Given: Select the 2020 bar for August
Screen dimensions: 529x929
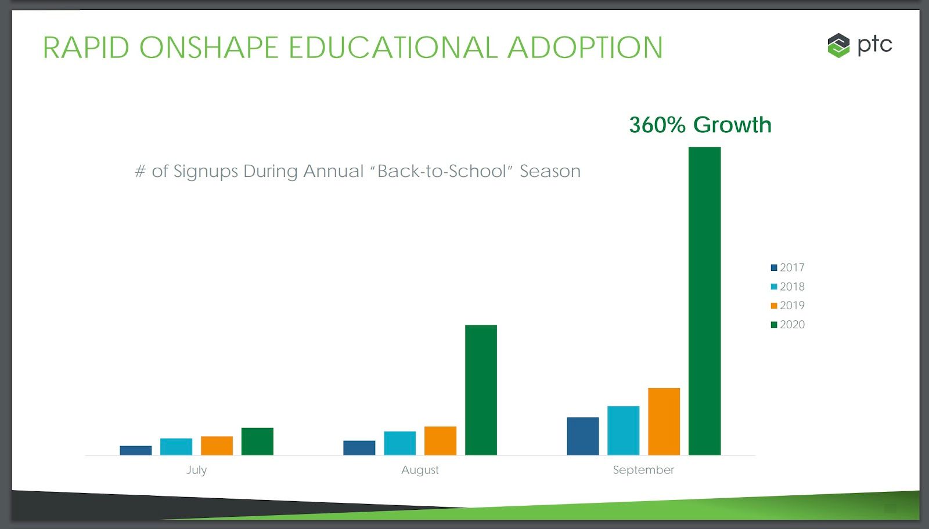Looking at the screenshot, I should tap(481, 390).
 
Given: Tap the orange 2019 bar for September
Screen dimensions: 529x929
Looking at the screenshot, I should tap(664, 421).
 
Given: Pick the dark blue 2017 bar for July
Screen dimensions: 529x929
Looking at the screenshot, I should tap(135, 450).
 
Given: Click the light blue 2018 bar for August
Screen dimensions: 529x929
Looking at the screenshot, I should tap(399, 443).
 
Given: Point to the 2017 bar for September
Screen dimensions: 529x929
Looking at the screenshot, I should tap(582, 436).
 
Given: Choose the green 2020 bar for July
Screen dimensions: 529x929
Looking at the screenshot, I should tap(257, 441).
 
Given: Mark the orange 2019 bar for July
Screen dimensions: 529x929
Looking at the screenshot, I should tap(217, 445).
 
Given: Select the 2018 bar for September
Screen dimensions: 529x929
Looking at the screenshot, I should tap(623, 430).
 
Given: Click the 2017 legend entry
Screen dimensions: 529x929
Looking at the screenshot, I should tap(788, 267).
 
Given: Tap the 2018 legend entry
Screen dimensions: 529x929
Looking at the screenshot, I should tap(788, 287).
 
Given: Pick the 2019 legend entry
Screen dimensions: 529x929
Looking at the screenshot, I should tap(788, 305).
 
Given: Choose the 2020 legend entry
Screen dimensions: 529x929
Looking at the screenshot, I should tap(788, 324).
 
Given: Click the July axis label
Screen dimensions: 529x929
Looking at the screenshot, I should tap(196, 470).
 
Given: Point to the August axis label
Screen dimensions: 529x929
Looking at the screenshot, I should tap(420, 470).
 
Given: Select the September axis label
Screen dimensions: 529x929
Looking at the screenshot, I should tap(643, 470).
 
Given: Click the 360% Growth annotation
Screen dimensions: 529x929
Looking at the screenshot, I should tap(700, 125).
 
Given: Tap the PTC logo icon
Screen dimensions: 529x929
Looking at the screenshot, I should tap(838, 45).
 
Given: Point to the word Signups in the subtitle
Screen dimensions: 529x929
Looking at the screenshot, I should tap(206, 172).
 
